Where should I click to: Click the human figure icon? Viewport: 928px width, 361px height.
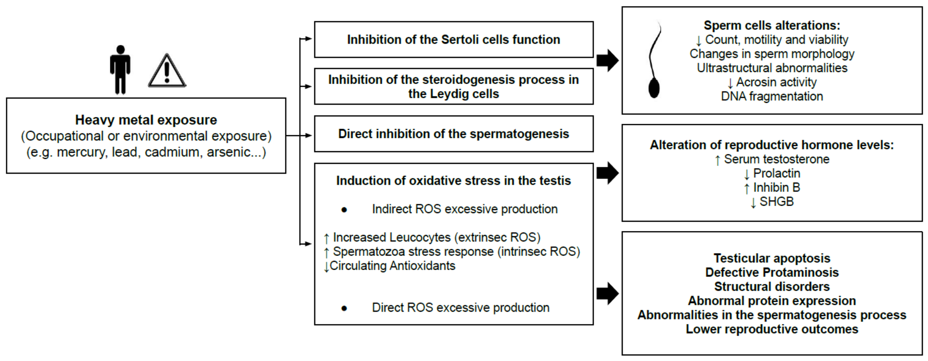tap(120, 70)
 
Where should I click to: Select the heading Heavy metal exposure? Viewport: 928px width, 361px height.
tap(146, 120)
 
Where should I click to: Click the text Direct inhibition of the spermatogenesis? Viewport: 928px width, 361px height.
tap(453, 134)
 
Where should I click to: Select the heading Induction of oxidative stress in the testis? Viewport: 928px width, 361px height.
tap(453, 180)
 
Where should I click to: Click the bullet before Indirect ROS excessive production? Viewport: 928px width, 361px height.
tap(344, 210)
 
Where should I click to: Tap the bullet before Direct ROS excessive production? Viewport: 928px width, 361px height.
tap(344, 308)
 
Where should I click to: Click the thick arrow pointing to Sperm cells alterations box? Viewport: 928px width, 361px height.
tap(607, 60)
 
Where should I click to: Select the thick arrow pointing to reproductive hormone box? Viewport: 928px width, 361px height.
tap(607, 173)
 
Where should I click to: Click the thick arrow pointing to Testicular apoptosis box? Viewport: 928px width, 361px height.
tap(607, 293)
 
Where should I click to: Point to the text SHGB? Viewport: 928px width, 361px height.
tap(776, 202)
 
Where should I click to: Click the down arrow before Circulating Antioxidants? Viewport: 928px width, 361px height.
tap(326, 267)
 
